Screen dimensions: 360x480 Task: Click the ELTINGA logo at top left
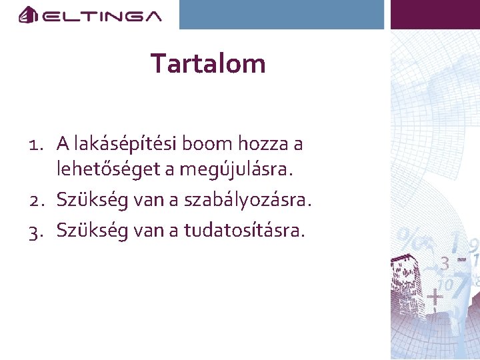pyautogui.click(x=90, y=15)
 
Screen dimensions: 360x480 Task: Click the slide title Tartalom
pyautogui.click(x=208, y=64)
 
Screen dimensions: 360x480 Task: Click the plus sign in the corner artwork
pyautogui.click(x=435, y=295)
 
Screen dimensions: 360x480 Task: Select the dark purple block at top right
pyautogui.click(x=435, y=14)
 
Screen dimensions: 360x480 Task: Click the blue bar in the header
pyautogui.click(x=282, y=14)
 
